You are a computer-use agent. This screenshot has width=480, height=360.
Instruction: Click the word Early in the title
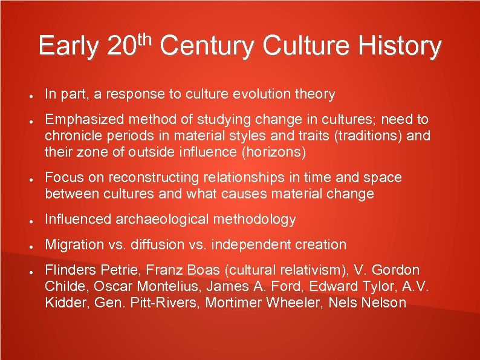(68, 46)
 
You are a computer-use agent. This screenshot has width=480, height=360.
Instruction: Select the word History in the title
(400, 47)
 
